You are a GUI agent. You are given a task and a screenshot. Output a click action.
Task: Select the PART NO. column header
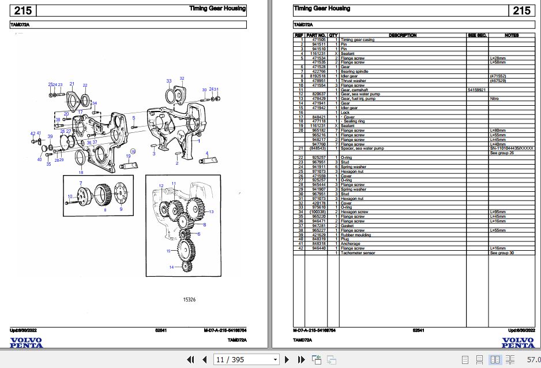tap(316, 35)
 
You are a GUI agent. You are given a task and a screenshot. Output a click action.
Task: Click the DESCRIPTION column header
tap(403, 35)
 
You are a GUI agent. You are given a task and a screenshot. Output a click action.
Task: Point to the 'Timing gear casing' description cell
tap(358, 40)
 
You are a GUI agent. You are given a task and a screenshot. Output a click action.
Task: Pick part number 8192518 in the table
tap(318, 76)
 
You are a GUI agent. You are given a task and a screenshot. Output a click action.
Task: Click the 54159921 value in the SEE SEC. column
tap(477, 90)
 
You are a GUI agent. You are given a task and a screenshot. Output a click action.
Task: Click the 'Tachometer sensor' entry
tap(358, 253)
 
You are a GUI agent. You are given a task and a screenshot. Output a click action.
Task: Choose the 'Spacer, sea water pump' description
tap(362, 148)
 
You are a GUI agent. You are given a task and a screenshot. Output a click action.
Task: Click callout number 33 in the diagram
tap(169, 81)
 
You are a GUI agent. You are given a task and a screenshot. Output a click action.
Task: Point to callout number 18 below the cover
tap(81, 172)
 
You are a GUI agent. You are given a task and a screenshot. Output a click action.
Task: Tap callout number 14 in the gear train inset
tap(171, 267)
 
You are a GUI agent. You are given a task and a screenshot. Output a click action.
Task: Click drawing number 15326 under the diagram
tap(189, 300)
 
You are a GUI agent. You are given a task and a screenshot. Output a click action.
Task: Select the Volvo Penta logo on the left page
tap(26, 342)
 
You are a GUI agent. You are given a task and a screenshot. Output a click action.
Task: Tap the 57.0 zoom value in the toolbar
tap(533, 360)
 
